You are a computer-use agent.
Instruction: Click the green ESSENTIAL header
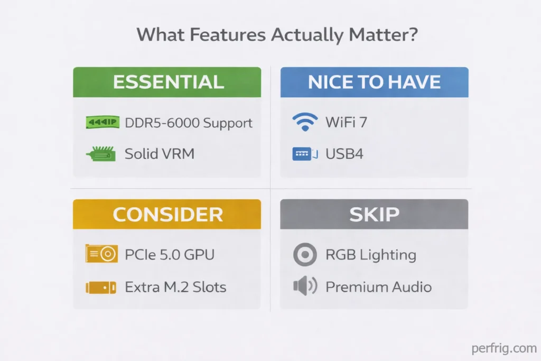[167, 82]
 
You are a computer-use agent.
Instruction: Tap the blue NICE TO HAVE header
[374, 82]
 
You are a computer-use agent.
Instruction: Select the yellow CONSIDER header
[167, 214]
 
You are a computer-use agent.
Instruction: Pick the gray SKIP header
[374, 214]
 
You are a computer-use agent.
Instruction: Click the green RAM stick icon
[101, 123]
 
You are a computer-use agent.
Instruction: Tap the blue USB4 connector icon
[305, 154]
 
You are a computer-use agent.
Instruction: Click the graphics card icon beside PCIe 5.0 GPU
[101, 254]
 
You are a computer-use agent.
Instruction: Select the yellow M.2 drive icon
[101, 287]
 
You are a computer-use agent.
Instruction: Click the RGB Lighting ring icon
[305, 255]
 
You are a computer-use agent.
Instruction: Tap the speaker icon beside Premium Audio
[304, 286]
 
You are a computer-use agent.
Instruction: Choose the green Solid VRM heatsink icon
[101, 154]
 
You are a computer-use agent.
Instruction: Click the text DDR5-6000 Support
[189, 123]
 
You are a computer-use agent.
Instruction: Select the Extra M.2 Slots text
[175, 287]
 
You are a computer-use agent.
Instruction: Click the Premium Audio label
[378, 287]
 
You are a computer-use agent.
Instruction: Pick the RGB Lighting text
[371, 255]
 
